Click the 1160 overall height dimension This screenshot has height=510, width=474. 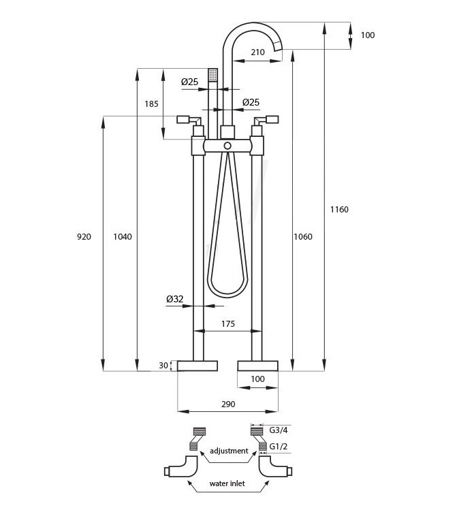pos(339,210)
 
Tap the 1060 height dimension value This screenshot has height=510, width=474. pos(303,237)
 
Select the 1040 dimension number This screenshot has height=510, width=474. pos(123,237)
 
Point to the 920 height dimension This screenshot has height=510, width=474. pos(84,237)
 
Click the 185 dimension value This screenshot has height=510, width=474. pos(151,104)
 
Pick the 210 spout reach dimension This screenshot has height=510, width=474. pos(257,52)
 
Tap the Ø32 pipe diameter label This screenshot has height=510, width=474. pos(175,299)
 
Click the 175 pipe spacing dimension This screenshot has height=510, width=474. pos(228,324)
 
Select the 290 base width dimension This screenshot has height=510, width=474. pos(228,404)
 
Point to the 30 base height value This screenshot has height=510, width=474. pos(163,366)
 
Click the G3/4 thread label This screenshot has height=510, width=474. pos(279,430)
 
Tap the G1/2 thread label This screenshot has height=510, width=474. pos(279,447)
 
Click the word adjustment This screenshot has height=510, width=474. pos(229,451)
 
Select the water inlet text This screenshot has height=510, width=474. pos(227,483)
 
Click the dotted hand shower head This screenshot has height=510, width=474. pos(212,75)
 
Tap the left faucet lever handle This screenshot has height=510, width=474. pos(189,120)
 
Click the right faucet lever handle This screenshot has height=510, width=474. pos(266,120)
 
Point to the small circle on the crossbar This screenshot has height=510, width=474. pos(227,146)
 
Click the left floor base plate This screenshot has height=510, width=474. pos(197,366)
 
